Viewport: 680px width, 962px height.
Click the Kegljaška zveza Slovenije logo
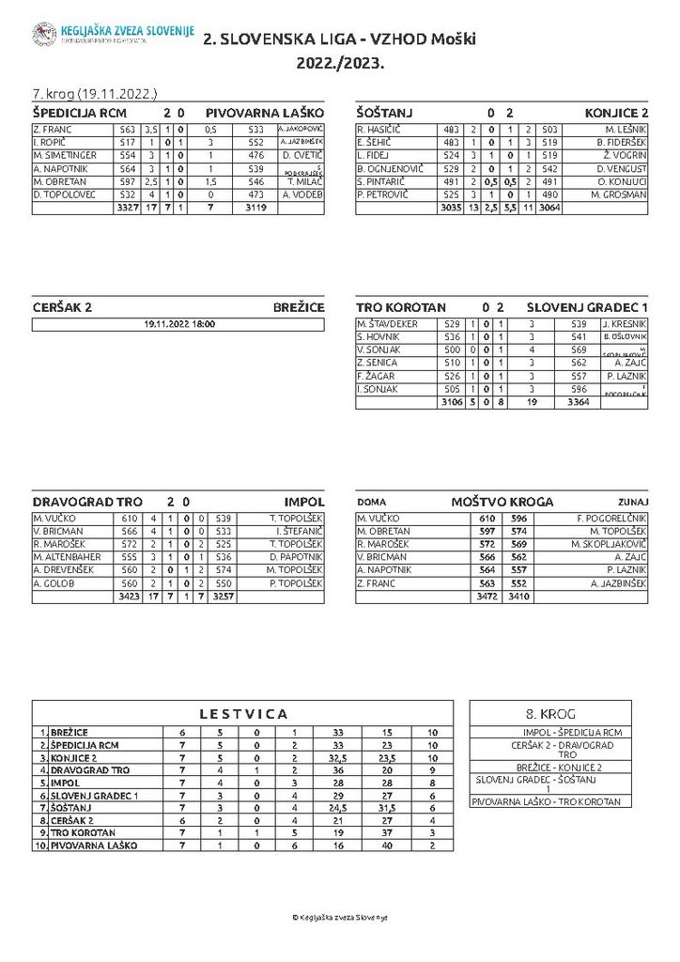(x=44, y=35)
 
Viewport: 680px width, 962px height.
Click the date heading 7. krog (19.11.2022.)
(x=94, y=94)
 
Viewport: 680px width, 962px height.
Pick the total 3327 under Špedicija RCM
(x=127, y=208)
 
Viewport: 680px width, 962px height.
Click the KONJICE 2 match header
(x=616, y=112)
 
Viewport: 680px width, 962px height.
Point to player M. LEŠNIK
(x=626, y=129)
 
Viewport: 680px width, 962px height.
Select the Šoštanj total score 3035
(x=451, y=208)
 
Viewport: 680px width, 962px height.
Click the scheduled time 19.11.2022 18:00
(x=178, y=324)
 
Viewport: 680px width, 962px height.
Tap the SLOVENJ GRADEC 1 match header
(x=587, y=307)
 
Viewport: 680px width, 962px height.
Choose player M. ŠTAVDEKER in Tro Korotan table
(x=386, y=324)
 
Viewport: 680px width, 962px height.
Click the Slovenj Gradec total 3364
(x=580, y=402)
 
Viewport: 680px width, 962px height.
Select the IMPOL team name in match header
(x=304, y=502)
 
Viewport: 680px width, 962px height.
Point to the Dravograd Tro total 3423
(x=127, y=597)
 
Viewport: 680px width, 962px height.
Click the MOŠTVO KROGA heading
(x=502, y=502)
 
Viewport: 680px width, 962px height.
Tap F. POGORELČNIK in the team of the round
(x=610, y=519)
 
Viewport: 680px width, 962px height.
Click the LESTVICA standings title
(x=243, y=714)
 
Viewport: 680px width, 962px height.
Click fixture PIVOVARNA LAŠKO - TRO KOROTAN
(x=546, y=801)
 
